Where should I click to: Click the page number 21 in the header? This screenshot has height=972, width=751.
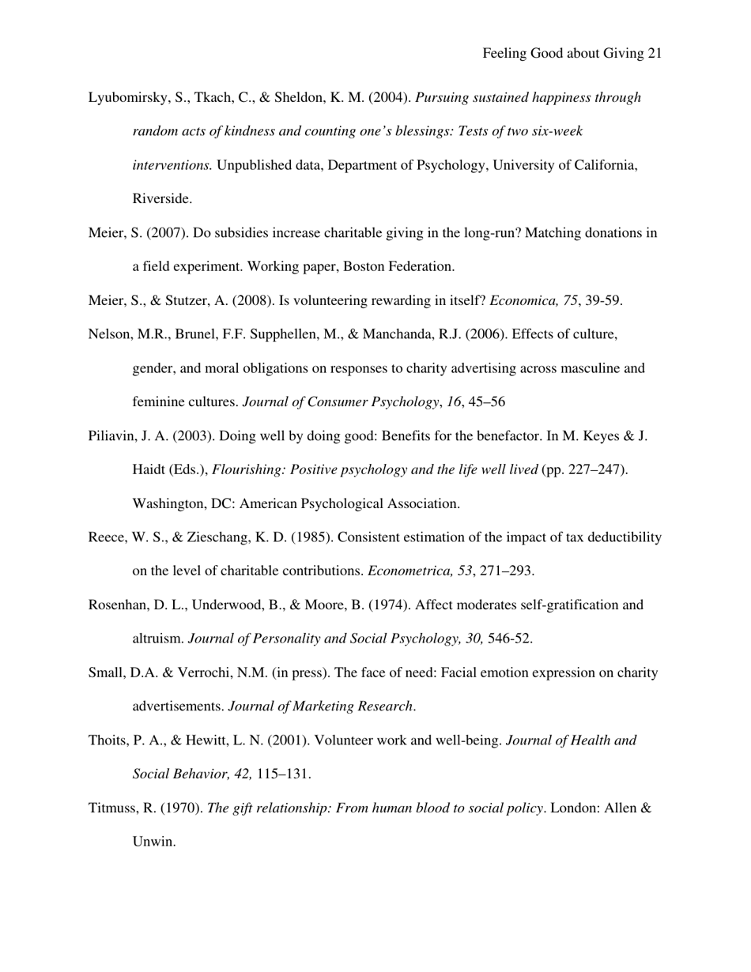coord(654,54)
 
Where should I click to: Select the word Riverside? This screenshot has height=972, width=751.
coord(160,199)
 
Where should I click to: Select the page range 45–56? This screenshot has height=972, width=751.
coord(489,402)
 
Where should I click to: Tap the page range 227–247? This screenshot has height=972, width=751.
coord(596,470)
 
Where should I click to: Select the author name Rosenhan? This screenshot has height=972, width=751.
coord(116,605)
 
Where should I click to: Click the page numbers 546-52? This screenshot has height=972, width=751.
coord(510,639)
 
